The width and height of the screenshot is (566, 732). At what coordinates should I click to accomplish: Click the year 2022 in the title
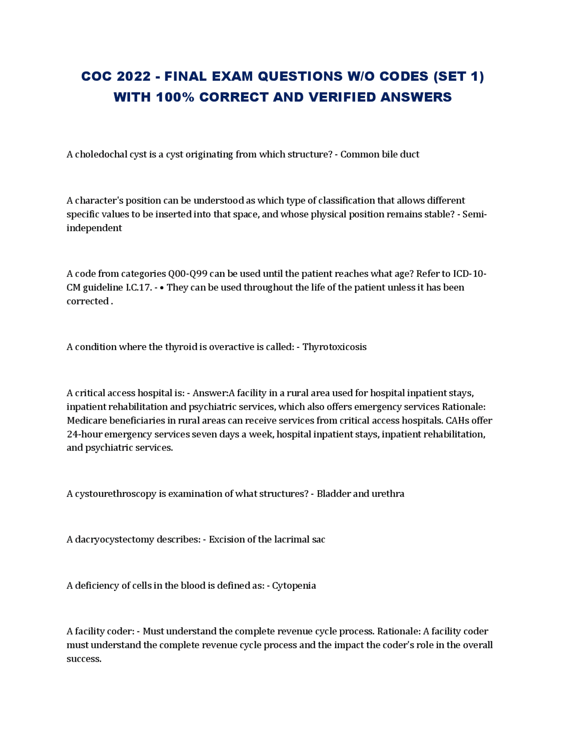[x=134, y=76]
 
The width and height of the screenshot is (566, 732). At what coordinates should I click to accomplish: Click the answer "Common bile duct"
[x=379, y=154]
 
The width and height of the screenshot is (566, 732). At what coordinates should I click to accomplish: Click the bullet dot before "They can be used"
[x=162, y=288]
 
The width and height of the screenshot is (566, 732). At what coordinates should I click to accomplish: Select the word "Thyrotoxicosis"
[x=334, y=347]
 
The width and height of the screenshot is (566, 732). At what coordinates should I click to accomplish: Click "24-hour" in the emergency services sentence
[x=84, y=434]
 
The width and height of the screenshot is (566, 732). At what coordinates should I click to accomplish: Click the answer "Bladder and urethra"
[x=360, y=494]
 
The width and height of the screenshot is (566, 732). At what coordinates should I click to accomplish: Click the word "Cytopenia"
[x=294, y=586]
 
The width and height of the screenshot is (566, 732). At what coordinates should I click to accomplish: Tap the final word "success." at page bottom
[x=84, y=659]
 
